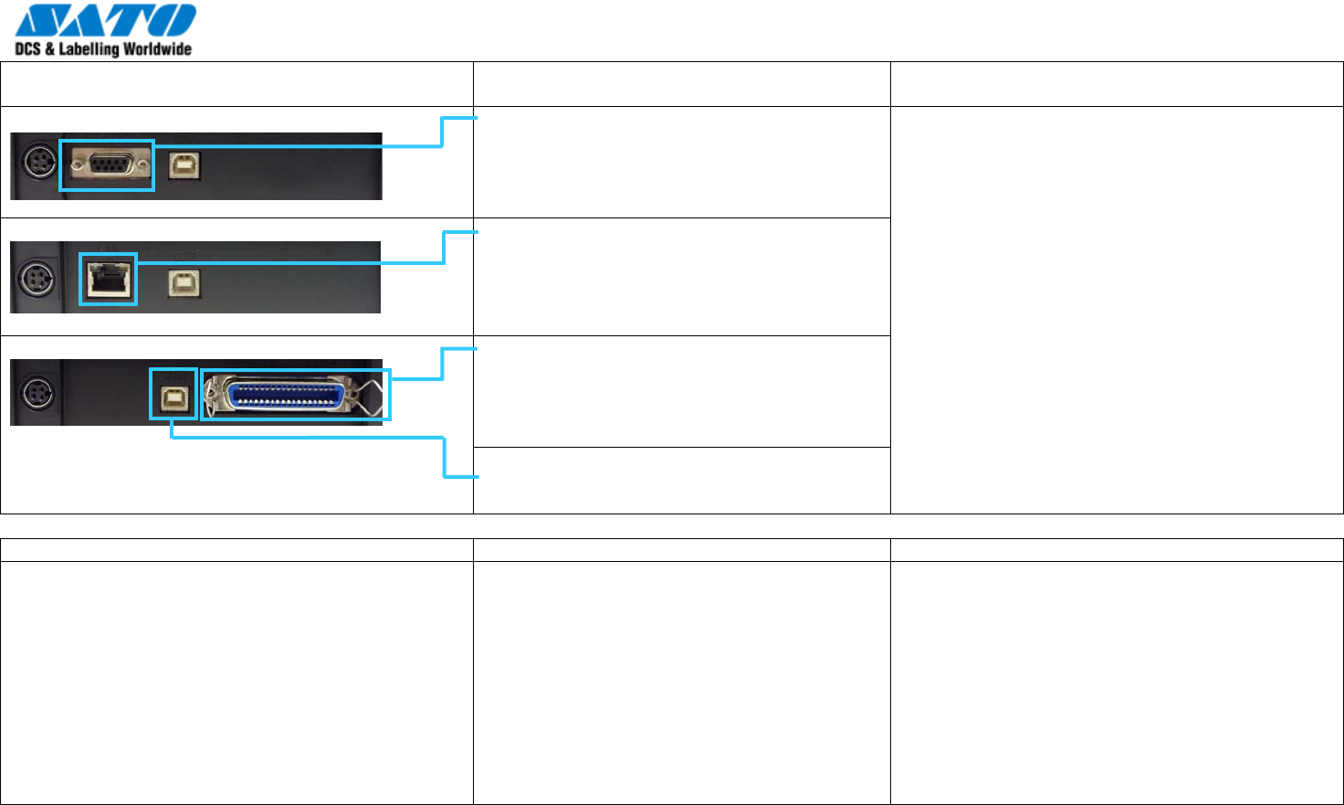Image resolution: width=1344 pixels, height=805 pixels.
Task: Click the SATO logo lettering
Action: coord(105,21)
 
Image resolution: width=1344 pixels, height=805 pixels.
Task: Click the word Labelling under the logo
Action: coord(89,49)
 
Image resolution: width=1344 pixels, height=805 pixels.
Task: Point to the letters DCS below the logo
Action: coord(27,49)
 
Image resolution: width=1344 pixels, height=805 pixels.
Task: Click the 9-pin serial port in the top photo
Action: coord(108,165)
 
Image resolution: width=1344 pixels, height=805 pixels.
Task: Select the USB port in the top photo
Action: coord(184,165)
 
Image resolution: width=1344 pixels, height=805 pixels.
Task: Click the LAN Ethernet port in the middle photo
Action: coord(108,279)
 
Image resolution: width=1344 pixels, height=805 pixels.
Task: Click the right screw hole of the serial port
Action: coord(142,165)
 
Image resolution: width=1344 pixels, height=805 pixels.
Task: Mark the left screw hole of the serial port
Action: coord(74,165)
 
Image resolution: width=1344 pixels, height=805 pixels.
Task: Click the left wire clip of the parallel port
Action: coord(214,395)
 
